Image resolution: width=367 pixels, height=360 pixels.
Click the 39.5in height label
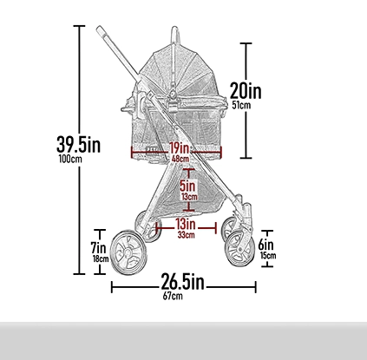[x=78, y=144]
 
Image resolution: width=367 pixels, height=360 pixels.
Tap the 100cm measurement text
[x=70, y=159]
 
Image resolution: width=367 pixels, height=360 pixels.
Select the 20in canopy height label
[x=246, y=91]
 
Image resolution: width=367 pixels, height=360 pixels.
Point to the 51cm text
[x=241, y=105]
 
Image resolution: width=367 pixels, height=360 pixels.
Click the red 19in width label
[x=180, y=148]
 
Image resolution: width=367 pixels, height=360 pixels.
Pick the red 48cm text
[x=180, y=159]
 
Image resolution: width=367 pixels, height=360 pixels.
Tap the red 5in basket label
[x=187, y=186]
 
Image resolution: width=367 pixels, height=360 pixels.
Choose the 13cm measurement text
[x=189, y=197]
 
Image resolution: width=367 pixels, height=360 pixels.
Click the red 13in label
[x=186, y=224]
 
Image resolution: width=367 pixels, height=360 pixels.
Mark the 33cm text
[x=186, y=235]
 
